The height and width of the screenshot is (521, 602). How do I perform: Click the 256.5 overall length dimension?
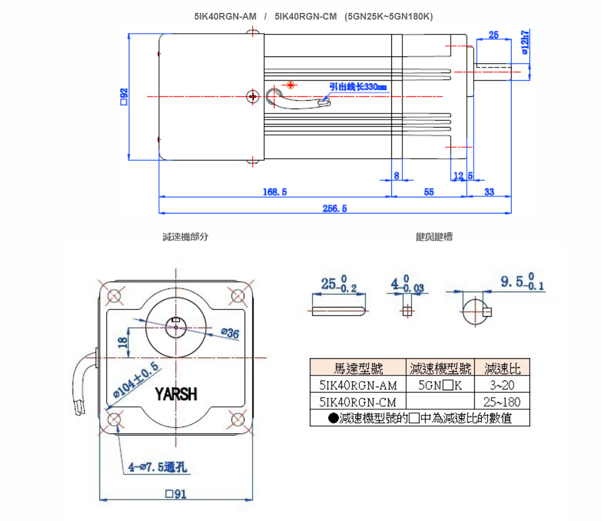[x=335, y=209]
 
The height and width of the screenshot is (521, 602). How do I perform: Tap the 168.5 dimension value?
[x=275, y=192]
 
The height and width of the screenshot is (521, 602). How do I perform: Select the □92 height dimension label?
[x=124, y=96]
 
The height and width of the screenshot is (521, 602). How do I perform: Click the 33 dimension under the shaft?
[x=489, y=192]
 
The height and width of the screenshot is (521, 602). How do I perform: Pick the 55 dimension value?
[x=429, y=192]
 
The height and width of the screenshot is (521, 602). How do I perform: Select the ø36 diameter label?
[x=229, y=333]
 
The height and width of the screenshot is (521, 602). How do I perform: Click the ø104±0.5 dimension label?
[x=136, y=380]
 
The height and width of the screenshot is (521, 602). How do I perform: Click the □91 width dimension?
[x=176, y=494]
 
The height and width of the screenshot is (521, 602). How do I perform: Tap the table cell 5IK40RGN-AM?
[x=358, y=385]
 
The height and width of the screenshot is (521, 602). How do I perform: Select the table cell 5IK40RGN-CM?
[x=358, y=402]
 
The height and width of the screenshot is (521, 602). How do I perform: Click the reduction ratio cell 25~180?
[x=502, y=402]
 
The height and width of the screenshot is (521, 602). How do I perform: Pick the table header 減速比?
[x=502, y=368]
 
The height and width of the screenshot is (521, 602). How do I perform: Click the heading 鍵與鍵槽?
[x=434, y=237]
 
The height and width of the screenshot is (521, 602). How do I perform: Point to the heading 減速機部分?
[x=185, y=237]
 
